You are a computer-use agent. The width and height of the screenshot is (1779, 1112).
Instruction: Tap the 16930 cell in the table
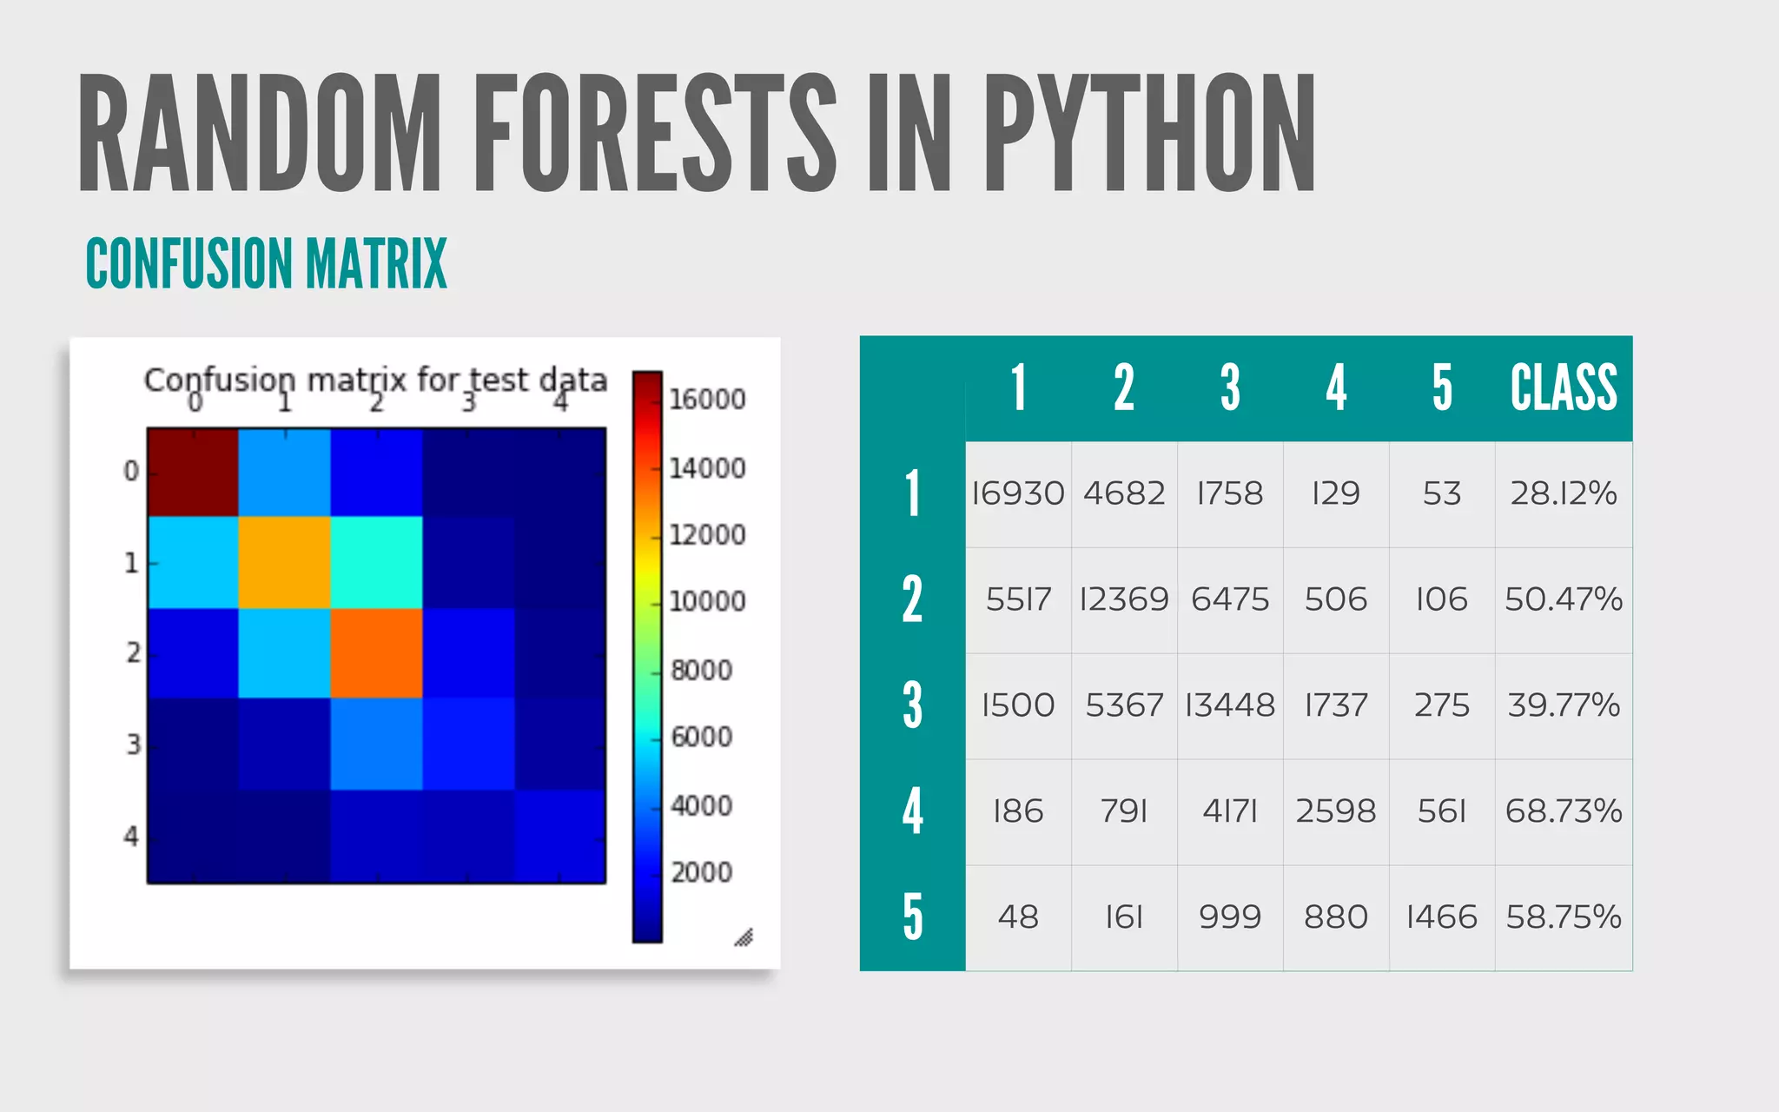[1018, 493]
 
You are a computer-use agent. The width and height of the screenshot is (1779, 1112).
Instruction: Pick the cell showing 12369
[1124, 599]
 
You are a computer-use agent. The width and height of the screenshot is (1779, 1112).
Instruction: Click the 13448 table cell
[1230, 705]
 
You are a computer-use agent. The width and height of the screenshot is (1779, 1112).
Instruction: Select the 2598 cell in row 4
[1336, 811]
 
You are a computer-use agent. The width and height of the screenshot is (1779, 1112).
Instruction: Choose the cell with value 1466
[1442, 917]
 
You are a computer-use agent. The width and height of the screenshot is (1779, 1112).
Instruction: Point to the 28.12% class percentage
[1564, 493]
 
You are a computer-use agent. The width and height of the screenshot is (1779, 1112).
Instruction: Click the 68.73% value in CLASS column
[1564, 811]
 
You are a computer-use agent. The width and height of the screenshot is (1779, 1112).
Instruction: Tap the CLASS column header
[1564, 387]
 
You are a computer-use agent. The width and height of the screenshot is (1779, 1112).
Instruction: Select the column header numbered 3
[1230, 387]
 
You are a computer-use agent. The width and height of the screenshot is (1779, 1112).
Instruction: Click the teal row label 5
[912, 917]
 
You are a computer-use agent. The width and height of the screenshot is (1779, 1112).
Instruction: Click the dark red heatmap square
[193, 472]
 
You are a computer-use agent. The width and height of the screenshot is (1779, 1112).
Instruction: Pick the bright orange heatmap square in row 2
[376, 653]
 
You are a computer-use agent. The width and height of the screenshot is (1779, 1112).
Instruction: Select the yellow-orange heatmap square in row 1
[284, 562]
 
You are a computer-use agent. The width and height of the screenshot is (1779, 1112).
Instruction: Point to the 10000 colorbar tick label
[707, 601]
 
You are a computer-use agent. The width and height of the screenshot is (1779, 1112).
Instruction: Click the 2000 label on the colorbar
[702, 872]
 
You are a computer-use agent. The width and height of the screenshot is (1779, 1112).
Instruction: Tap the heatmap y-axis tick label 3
[133, 745]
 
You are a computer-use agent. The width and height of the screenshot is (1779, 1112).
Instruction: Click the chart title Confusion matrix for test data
[375, 380]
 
